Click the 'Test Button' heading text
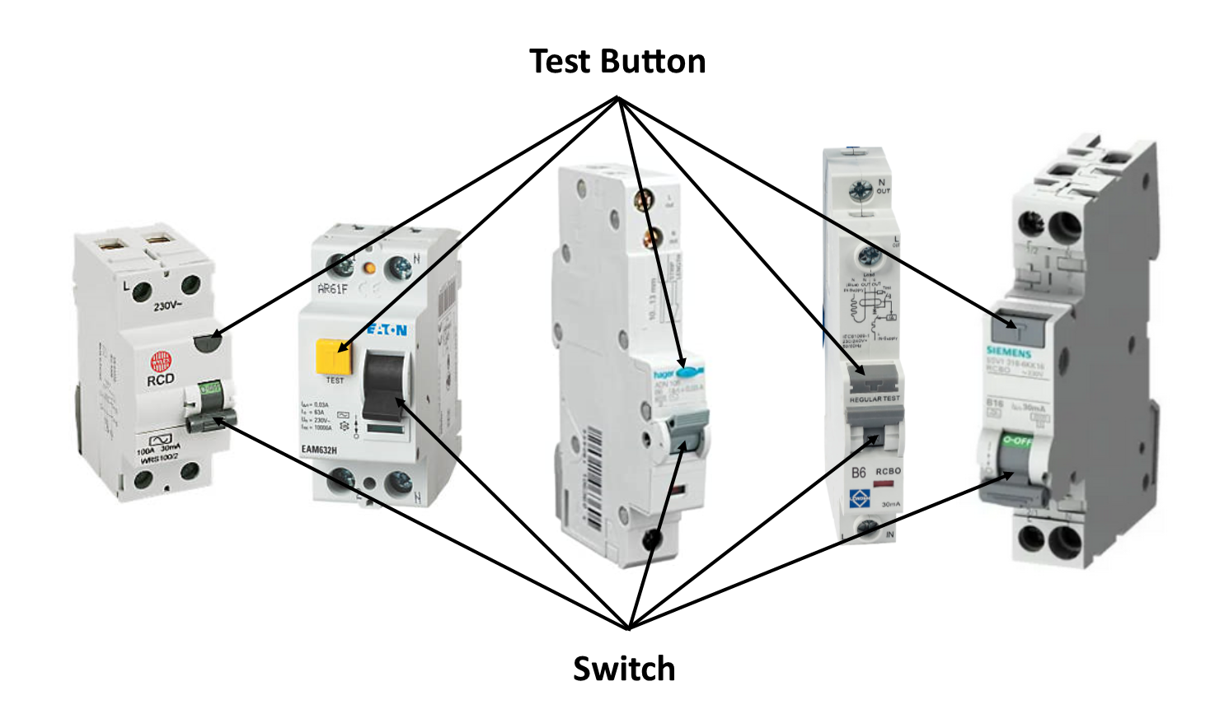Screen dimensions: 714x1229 coord(617,62)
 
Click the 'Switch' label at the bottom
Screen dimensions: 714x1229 coord(624,669)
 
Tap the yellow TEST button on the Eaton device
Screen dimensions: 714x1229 coord(333,357)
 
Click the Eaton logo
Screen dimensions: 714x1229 coord(387,331)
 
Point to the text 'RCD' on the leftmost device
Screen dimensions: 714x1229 coord(161,380)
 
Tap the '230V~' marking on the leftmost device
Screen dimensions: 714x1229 coord(168,306)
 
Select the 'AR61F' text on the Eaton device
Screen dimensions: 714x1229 coord(332,289)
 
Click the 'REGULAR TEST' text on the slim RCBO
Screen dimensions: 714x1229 coord(875,399)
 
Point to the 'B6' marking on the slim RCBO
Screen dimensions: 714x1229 coord(858,473)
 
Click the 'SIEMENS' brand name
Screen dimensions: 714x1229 coord(1009,352)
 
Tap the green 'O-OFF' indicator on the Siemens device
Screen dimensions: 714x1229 coord(1016,441)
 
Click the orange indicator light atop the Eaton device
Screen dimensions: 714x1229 coord(369,268)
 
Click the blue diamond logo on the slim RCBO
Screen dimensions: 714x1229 coord(860,499)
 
